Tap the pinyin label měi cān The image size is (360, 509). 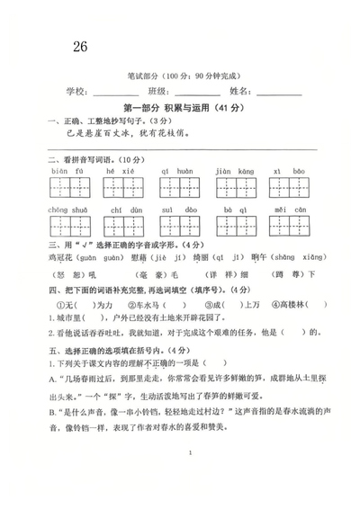click(290, 209)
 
